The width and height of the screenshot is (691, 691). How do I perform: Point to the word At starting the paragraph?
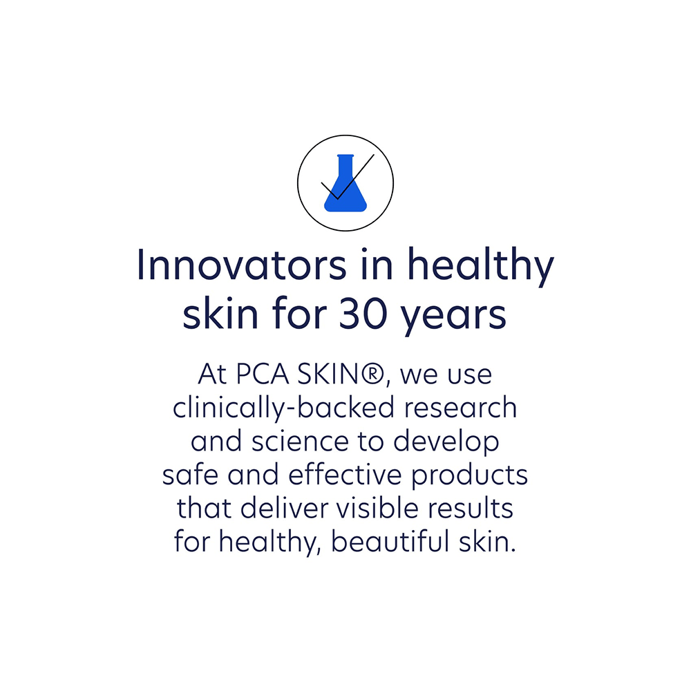click(211, 375)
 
